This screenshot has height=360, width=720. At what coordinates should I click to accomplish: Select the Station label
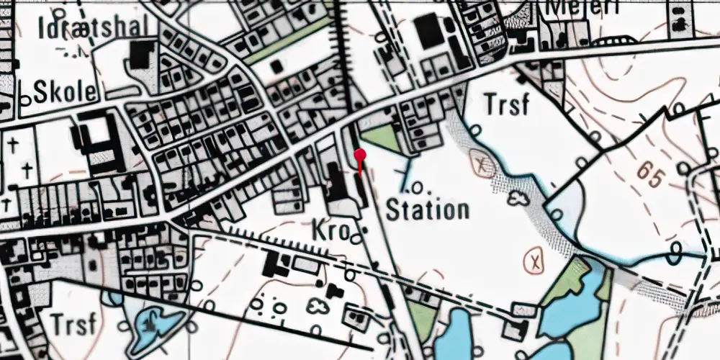pyautogui.click(x=428, y=211)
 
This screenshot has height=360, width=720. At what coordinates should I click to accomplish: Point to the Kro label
pyautogui.click(x=330, y=230)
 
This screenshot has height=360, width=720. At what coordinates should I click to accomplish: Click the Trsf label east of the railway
pyautogui.click(x=506, y=105)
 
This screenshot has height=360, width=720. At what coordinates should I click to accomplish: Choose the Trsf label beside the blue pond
pyautogui.click(x=73, y=324)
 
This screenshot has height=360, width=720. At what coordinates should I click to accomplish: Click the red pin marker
pyautogui.click(x=361, y=155)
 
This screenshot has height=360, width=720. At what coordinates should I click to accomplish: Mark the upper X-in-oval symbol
pyautogui.click(x=482, y=163)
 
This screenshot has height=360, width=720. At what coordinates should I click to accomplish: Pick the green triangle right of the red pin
pyautogui.click(x=379, y=138)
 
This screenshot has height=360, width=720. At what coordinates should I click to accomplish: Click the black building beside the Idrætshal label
pyautogui.click(x=141, y=55)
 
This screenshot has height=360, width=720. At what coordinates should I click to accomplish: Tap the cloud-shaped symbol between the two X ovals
pyautogui.click(x=519, y=198)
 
